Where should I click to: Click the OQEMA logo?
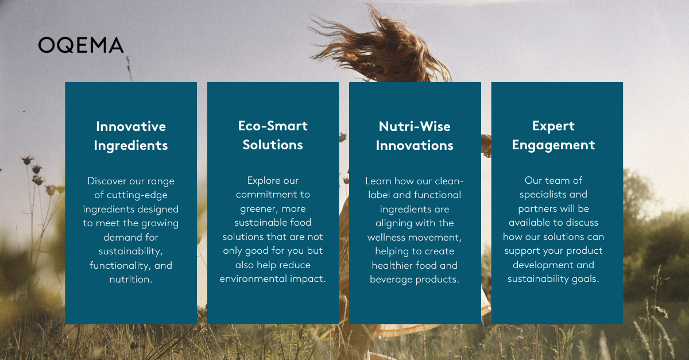click(81, 45)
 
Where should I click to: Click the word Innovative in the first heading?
click(131, 126)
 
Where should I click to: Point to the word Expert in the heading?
click(553, 126)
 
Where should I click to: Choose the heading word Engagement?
click(553, 145)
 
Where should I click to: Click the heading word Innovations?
click(415, 146)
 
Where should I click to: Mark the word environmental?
click(251, 279)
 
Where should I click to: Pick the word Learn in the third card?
click(378, 181)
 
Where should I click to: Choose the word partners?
click(538, 208)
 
